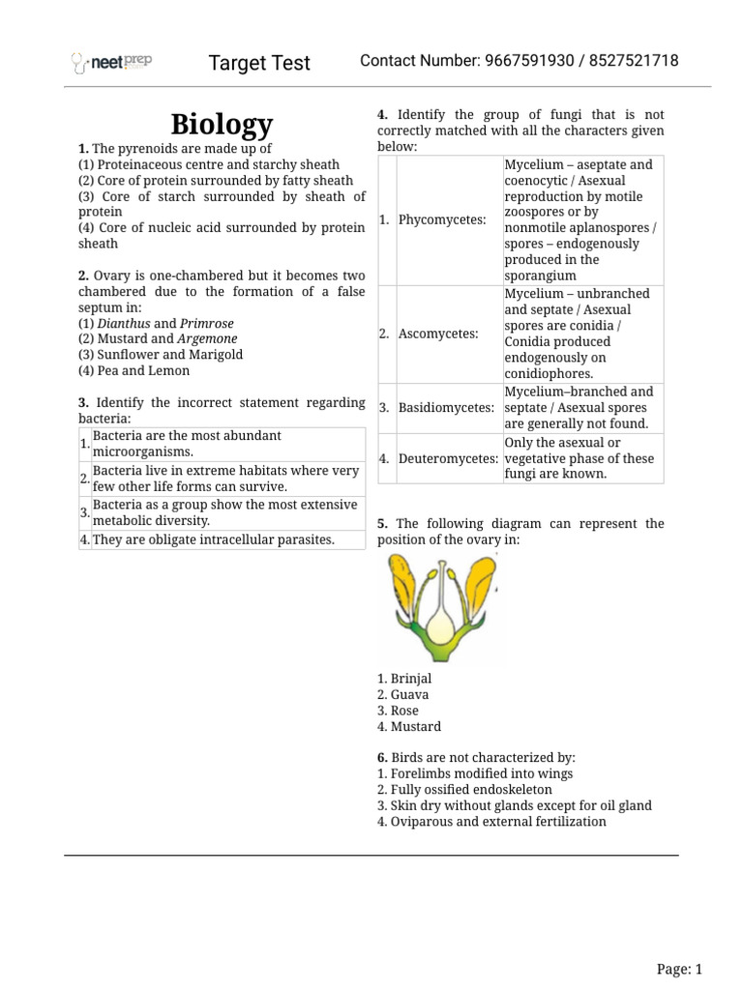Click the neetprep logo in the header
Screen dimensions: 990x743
[112, 63]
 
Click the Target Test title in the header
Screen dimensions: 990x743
[259, 63]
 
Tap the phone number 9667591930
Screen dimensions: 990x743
[528, 61]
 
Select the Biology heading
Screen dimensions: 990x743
[222, 124]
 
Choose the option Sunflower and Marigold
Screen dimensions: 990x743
[161, 355]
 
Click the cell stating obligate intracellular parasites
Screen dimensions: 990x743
[213, 539]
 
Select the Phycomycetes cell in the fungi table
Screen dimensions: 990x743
[442, 220]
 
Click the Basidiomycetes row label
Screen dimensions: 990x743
[445, 408]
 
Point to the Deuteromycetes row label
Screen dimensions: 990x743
[447, 458]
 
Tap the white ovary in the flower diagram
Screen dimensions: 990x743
[442, 628]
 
